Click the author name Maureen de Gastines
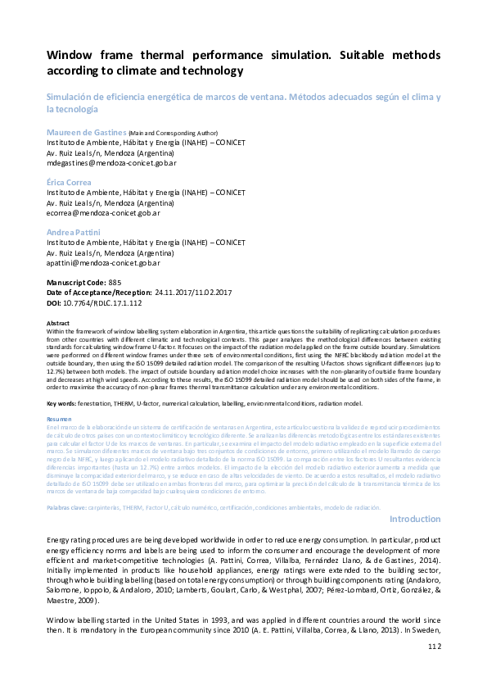click(x=86, y=132)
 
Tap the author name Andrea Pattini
click(x=73, y=234)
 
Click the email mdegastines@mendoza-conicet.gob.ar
click(x=111, y=162)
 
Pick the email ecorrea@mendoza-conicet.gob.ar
click(x=103, y=213)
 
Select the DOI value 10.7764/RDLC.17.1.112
click(x=106, y=302)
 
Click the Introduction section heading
click(x=415, y=520)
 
